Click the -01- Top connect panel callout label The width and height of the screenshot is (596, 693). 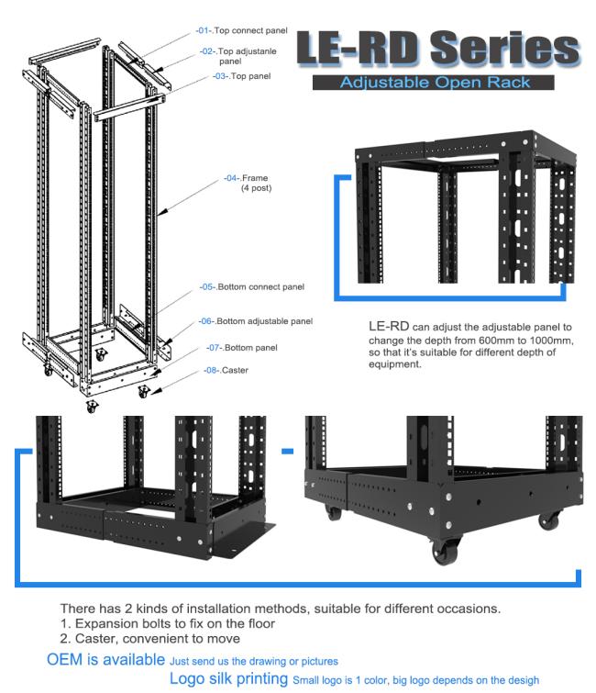pyautogui.click(x=242, y=30)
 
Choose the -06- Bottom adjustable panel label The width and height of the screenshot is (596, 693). pyautogui.click(x=256, y=321)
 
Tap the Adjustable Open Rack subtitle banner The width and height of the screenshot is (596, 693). pyautogui.click(x=434, y=83)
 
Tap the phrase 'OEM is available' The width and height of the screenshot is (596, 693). pyautogui.click(x=105, y=660)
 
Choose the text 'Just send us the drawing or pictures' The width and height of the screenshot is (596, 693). pyautogui.click(x=254, y=661)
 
